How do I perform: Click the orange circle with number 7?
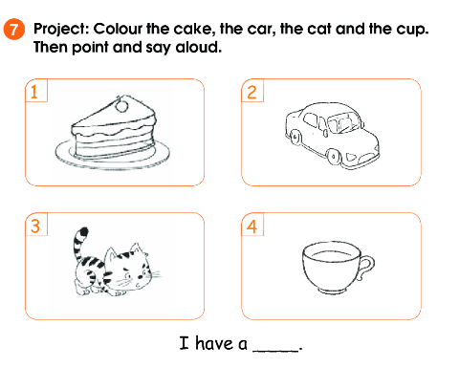pyautogui.click(x=14, y=30)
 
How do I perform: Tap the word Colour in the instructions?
pyautogui.click(x=118, y=29)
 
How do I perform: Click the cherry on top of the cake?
pyautogui.click(x=121, y=105)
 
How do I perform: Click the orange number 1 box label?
pyautogui.click(x=36, y=91)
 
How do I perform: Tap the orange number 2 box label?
pyautogui.click(x=252, y=91)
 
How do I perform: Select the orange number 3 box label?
pyautogui.click(x=36, y=225)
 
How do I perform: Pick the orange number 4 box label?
pyautogui.click(x=252, y=225)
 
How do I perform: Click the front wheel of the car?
pyautogui.click(x=334, y=156)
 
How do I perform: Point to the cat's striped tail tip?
pyautogui.click(x=83, y=231)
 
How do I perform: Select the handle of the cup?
pyautogui.click(x=367, y=267)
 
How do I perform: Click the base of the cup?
pyautogui.click(x=332, y=291)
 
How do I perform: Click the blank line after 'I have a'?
pyautogui.click(x=275, y=351)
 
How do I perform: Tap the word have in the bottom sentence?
pyautogui.click(x=214, y=343)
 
